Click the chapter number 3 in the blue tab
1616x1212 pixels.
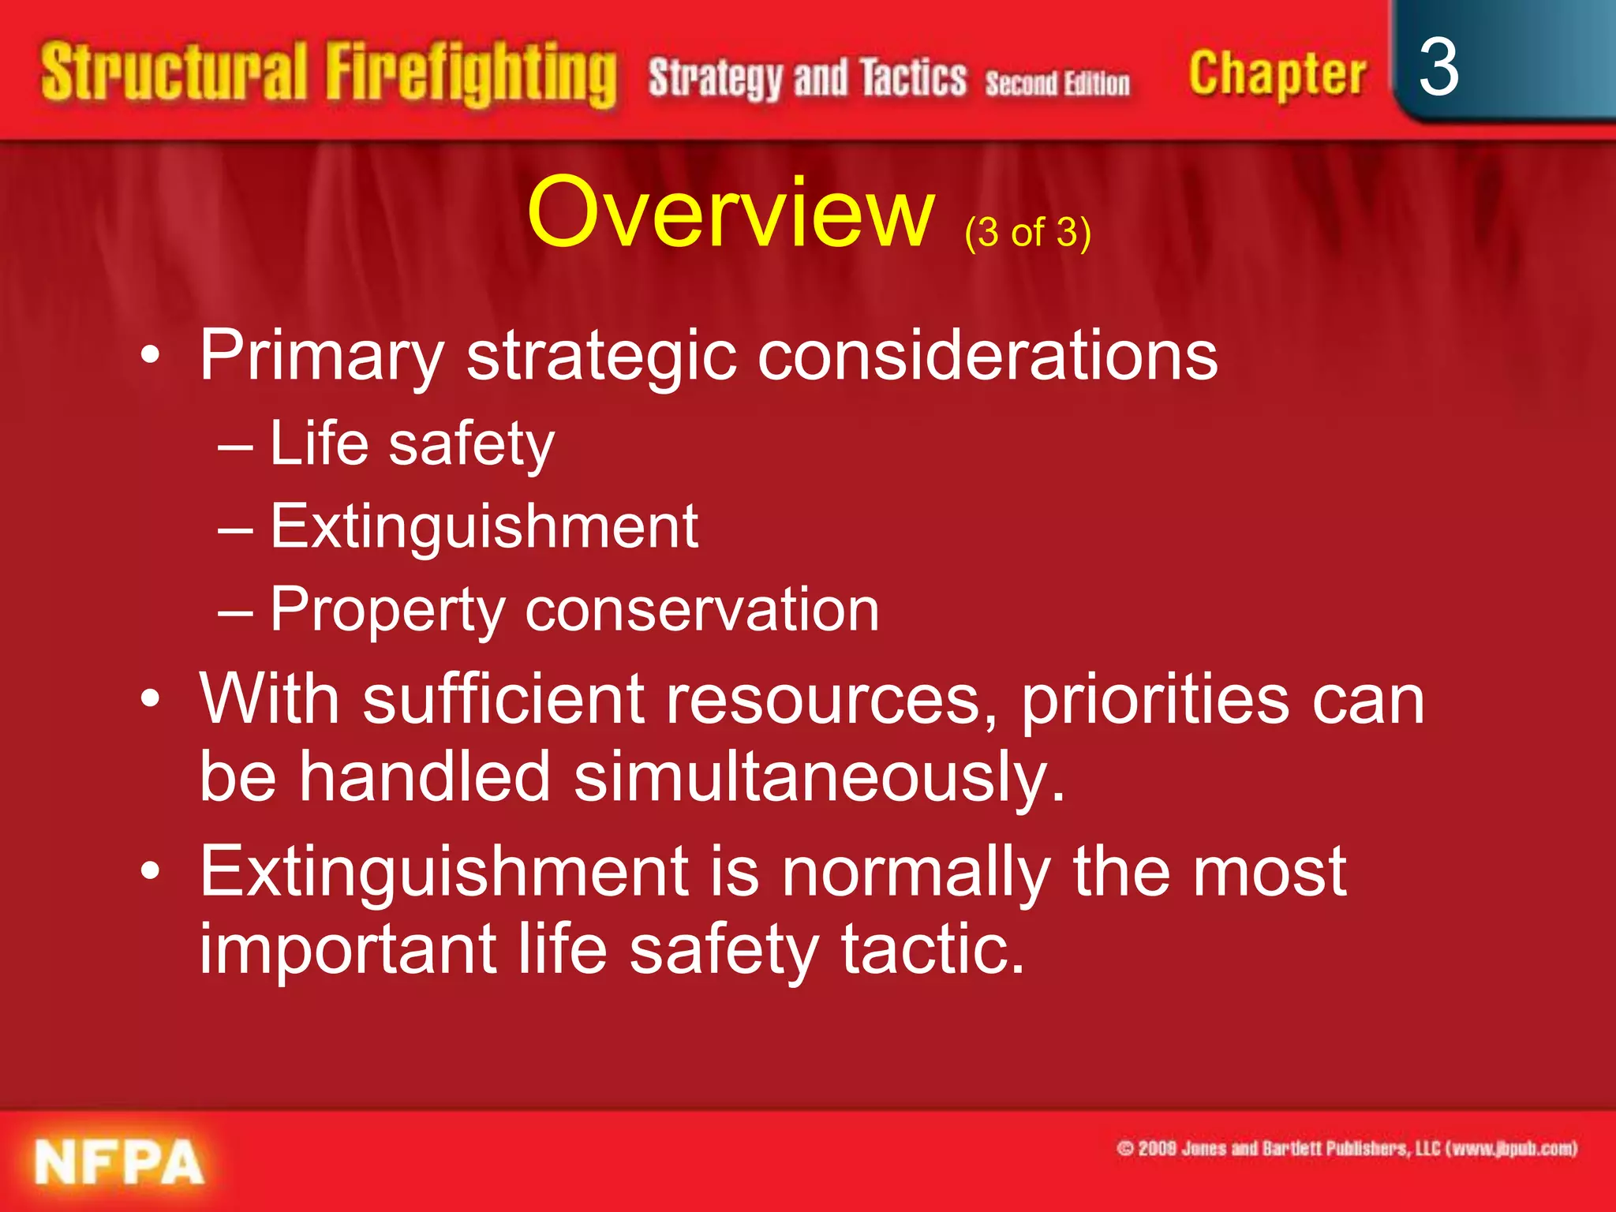1438,68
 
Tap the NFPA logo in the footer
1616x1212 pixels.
118,1163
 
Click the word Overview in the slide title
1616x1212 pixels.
731,213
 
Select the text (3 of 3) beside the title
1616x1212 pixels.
1027,233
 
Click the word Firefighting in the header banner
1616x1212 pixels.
471,76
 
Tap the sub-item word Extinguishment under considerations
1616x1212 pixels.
484,526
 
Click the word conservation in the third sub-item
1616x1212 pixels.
701,610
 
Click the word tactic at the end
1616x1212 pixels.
932,949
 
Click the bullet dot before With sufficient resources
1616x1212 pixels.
150,699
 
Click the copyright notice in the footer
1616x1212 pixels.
1346,1148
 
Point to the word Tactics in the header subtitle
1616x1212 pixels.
912,79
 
